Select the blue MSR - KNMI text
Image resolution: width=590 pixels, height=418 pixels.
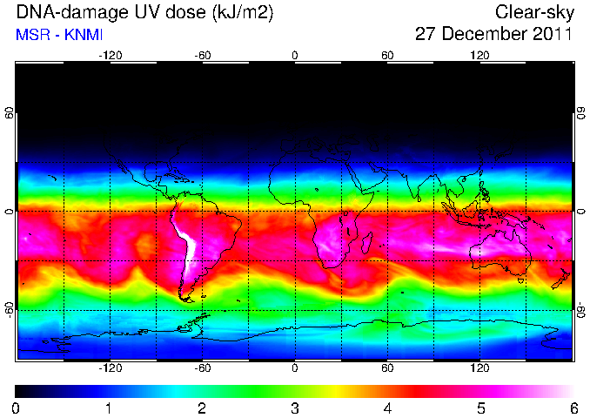click(x=59, y=35)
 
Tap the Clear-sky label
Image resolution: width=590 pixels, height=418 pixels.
click(x=534, y=12)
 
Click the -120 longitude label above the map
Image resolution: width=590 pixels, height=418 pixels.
click(x=111, y=56)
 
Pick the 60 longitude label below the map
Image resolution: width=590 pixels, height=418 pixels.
click(x=387, y=367)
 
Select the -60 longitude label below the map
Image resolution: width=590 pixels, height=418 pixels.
click(x=203, y=367)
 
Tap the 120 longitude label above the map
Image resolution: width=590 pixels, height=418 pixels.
click(x=479, y=56)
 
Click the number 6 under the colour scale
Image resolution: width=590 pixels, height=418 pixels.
click(x=573, y=408)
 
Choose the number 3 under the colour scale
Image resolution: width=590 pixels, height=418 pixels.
click(x=295, y=408)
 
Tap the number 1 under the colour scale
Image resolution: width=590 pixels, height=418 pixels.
click(x=109, y=408)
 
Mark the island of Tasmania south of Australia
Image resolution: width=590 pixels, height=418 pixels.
click(x=520, y=280)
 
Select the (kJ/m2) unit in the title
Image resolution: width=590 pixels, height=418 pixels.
click(x=243, y=12)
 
